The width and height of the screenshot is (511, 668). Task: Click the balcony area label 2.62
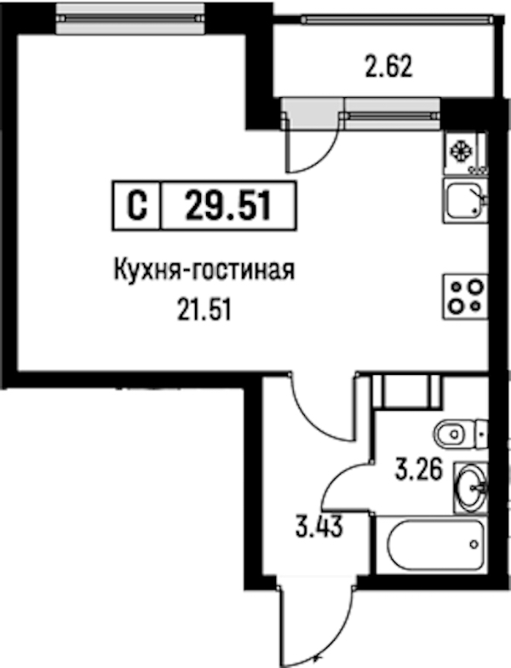(x=388, y=67)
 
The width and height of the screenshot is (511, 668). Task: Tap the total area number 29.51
(x=228, y=206)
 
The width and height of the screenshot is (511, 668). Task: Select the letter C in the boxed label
(x=137, y=206)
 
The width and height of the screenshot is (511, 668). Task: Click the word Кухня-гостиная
(x=204, y=270)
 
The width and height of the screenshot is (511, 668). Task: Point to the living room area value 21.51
(x=204, y=310)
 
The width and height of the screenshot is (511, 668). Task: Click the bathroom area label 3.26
(x=419, y=470)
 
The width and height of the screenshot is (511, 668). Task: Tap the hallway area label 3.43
(x=319, y=528)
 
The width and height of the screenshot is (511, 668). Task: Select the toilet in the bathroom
(x=461, y=435)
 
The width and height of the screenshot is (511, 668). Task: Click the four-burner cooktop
(x=465, y=297)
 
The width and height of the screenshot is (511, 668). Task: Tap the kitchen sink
(x=465, y=200)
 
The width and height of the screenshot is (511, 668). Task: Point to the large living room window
(x=129, y=18)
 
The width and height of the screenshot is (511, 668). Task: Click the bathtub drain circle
(x=474, y=544)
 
